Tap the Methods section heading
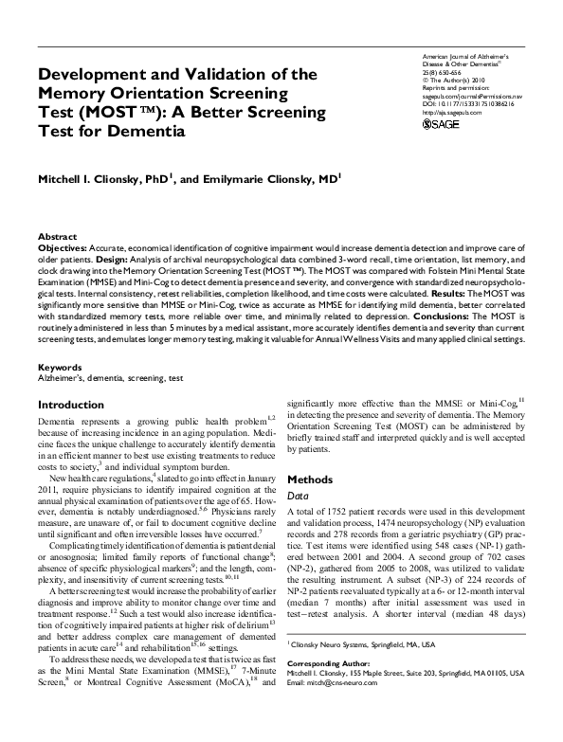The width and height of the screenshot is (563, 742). coord(310,480)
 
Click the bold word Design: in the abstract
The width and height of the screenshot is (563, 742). coord(127,256)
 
